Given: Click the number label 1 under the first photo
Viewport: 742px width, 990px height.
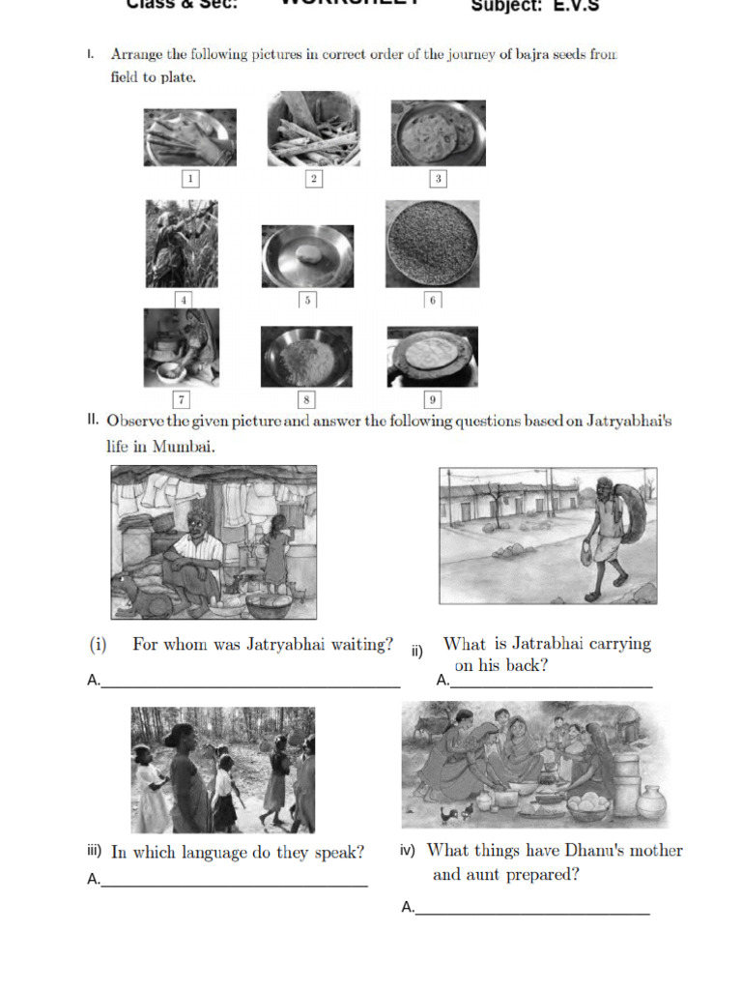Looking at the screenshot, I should [190, 179].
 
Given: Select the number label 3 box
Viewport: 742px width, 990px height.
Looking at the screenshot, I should [438, 179].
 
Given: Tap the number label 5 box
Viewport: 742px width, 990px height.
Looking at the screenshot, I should [307, 301].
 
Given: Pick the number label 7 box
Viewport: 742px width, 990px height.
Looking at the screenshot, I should [181, 398].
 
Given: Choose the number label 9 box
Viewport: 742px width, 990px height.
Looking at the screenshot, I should [432, 398].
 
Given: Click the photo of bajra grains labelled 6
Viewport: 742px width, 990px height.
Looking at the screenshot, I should [432, 244].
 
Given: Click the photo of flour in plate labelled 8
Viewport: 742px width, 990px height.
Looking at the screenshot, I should [306, 357].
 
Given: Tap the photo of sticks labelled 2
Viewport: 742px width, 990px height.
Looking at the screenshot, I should [313, 130].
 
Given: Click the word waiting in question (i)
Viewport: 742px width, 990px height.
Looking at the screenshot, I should [357, 645].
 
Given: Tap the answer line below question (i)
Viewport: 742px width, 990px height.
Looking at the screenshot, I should [250, 686].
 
